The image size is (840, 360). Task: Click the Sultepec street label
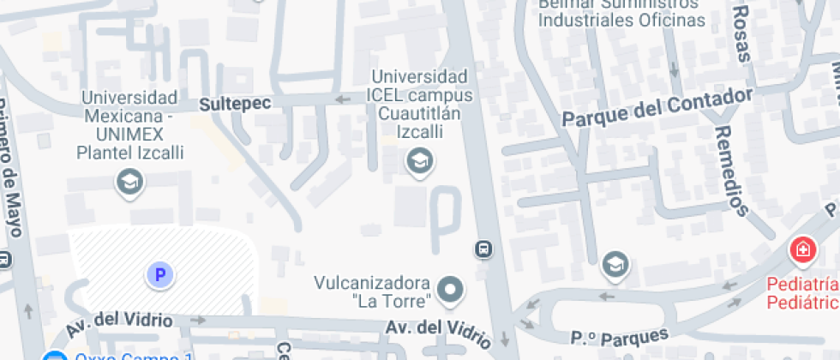(235, 104)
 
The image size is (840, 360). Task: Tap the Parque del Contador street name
(657, 107)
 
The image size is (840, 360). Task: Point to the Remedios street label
(730, 171)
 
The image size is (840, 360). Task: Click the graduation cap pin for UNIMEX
(129, 182)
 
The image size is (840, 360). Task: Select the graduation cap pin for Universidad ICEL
(419, 160)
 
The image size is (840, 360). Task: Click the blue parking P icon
(159, 274)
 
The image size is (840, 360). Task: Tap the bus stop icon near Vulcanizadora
(483, 249)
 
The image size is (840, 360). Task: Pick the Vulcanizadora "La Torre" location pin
(449, 291)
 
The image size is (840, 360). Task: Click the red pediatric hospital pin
(802, 250)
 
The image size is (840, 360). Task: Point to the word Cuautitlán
(420, 114)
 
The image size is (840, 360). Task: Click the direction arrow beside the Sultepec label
(343, 99)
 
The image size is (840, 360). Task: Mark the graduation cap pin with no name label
(615, 264)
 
